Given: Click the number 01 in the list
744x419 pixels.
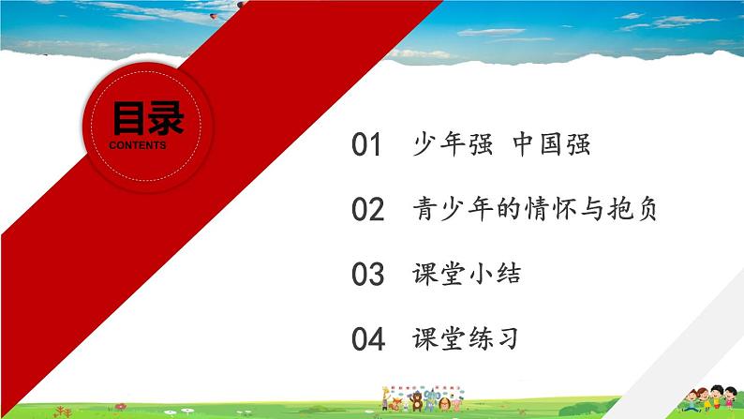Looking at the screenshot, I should (367, 146).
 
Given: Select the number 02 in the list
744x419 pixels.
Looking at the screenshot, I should (367, 210).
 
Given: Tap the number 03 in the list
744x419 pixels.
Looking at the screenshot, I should (367, 276).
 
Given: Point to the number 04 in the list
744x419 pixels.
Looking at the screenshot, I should (367, 340).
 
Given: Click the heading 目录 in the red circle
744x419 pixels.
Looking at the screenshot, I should (148, 120).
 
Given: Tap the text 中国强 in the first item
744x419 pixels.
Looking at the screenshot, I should (557, 145).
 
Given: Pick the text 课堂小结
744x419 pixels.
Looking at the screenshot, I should (466, 275).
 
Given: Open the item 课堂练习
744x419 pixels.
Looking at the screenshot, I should (466, 339).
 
